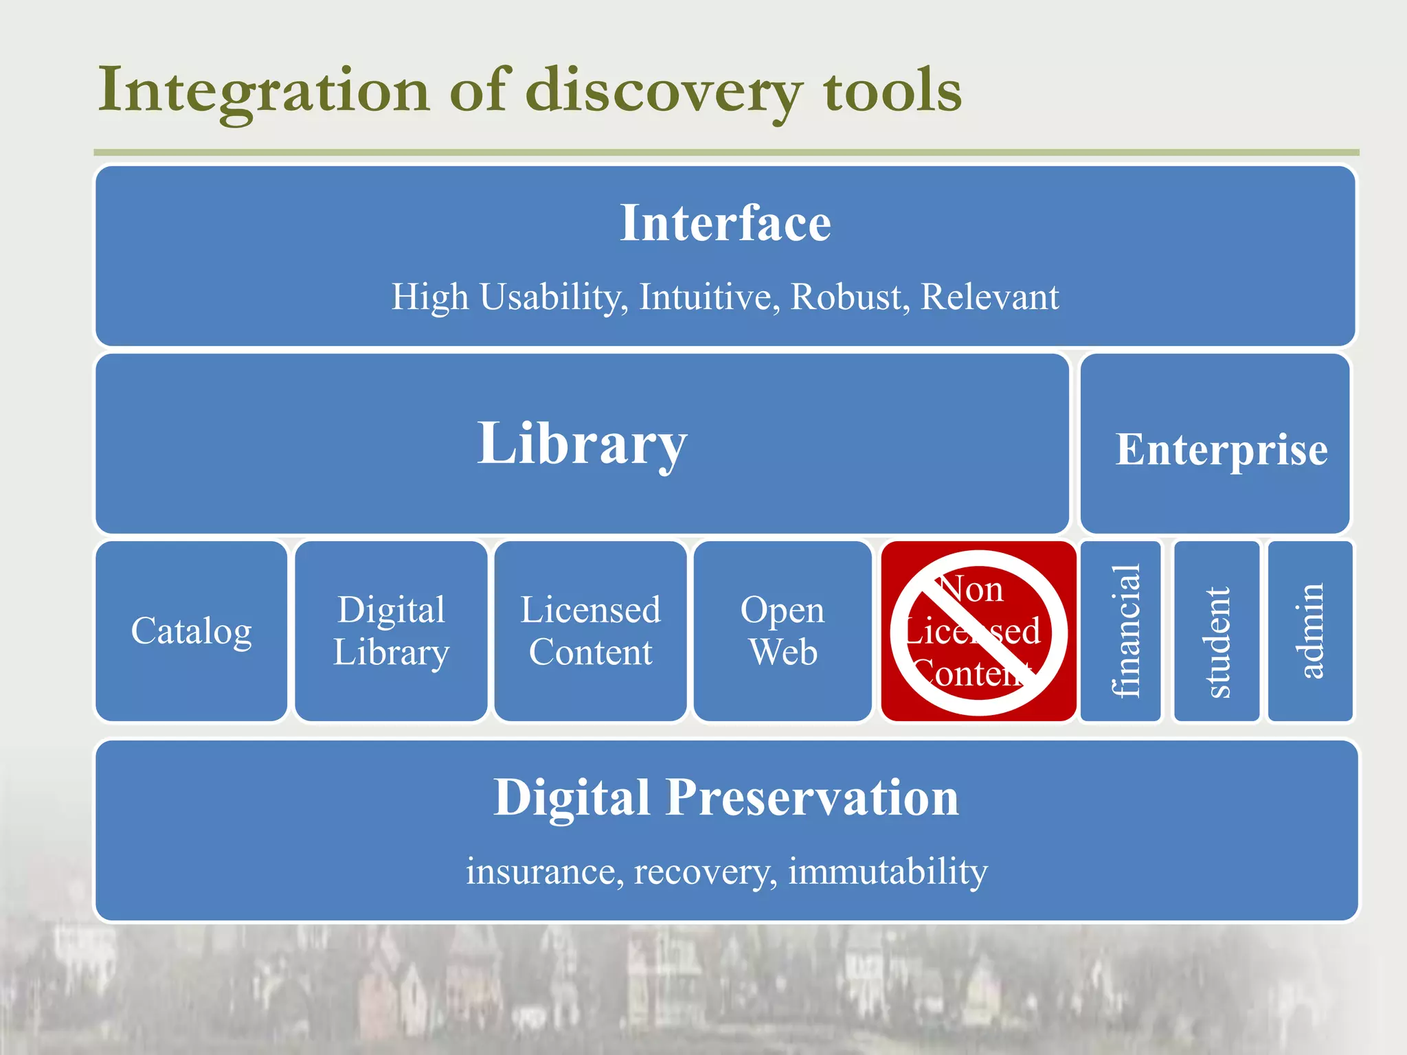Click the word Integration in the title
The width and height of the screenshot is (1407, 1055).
(264, 91)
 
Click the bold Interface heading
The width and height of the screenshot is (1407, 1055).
(725, 223)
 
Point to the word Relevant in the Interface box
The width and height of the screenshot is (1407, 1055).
(989, 297)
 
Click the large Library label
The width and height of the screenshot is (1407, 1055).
(582, 444)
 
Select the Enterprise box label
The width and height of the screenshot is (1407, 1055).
(1221, 450)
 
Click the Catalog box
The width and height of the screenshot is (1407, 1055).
(192, 631)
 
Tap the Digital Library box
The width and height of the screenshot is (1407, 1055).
(391, 631)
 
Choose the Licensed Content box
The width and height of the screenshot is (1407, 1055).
(590, 631)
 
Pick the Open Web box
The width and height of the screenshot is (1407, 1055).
(783, 631)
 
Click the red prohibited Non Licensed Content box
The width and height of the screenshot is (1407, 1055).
(978, 631)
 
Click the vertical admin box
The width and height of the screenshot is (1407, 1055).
(1310, 631)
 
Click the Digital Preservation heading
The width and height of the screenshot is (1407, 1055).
(725, 798)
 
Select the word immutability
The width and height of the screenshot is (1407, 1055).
(888, 872)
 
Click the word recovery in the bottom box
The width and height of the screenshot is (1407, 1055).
(705, 872)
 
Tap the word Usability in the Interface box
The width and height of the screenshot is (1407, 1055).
(553, 297)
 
